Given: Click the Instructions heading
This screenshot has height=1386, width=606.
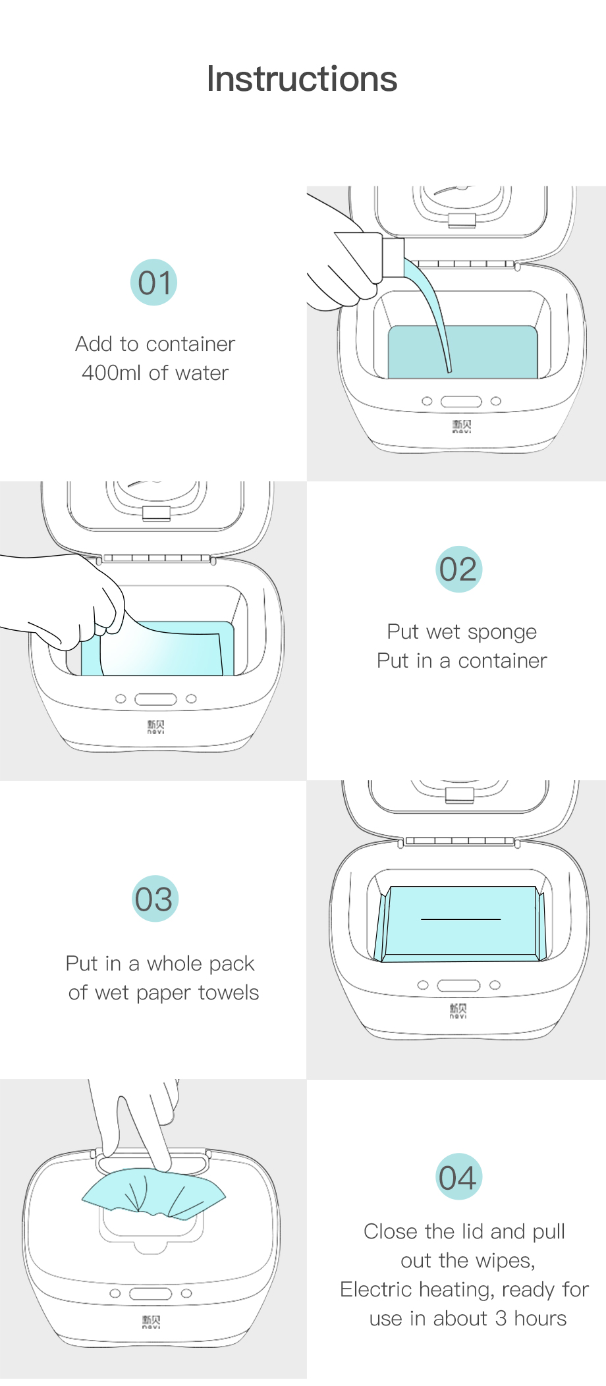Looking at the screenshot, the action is pyautogui.click(x=302, y=79).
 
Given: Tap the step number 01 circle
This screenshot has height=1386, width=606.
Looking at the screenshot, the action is pyautogui.click(x=153, y=282).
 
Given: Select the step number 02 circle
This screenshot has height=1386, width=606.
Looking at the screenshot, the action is pyautogui.click(x=458, y=569).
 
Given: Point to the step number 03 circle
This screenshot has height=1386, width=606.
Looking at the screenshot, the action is pyautogui.click(x=154, y=899).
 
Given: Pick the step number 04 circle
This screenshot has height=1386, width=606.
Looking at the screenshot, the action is pyautogui.click(x=458, y=1177).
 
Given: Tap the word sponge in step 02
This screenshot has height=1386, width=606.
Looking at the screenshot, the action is pyautogui.click(x=502, y=633).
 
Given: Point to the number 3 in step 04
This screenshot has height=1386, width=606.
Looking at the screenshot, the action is pyautogui.click(x=501, y=1318).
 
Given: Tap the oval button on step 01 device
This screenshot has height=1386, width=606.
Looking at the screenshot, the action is pyautogui.click(x=461, y=402).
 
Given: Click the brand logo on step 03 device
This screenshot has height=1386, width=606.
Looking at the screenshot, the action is pyautogui.click(x=458, y=1011).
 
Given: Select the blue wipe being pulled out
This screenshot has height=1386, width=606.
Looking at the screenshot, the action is pyautogui.click(x=153, y=1194).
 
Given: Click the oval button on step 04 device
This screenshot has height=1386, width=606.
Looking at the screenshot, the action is pyautogui.click(x=150, y=1294).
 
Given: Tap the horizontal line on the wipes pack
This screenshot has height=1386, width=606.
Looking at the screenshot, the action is pyautogui.click(x=460, y=919).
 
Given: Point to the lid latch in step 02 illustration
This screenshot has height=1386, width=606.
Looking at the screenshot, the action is pyautogui.click(x=157, y=514).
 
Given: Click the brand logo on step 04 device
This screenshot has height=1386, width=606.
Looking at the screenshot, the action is pyautogui.click(x=151, y=1321).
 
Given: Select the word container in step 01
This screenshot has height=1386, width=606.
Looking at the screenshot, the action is pyautogui.click(x=191, y=344).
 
